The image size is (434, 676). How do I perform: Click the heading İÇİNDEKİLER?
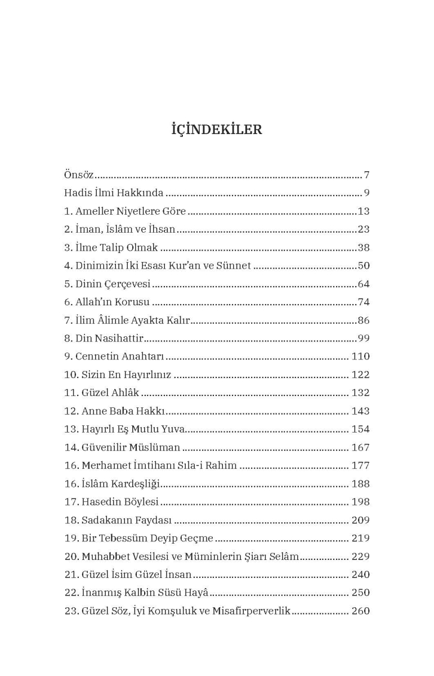(217, 129)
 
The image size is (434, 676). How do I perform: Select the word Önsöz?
(78, 175)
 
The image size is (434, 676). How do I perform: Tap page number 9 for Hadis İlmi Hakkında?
(366, 193)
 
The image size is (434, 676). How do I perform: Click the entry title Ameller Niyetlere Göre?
(131, 211)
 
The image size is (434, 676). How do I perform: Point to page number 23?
(363, 229)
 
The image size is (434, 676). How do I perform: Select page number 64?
(363, 284)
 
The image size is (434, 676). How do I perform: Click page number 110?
(360, 357)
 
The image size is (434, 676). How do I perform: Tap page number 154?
(360, 429)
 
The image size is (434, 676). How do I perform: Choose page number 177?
(360, 465)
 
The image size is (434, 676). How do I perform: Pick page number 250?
(360, 593)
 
